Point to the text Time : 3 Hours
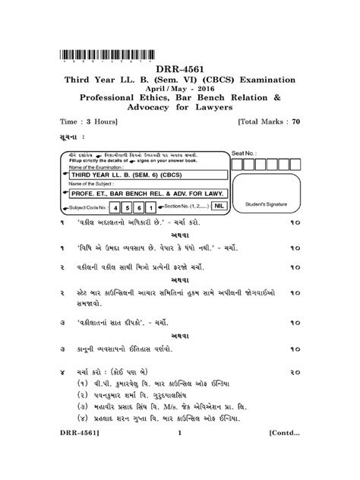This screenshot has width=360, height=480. tap(84, 122)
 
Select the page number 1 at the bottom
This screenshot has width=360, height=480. tap(181, 455)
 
